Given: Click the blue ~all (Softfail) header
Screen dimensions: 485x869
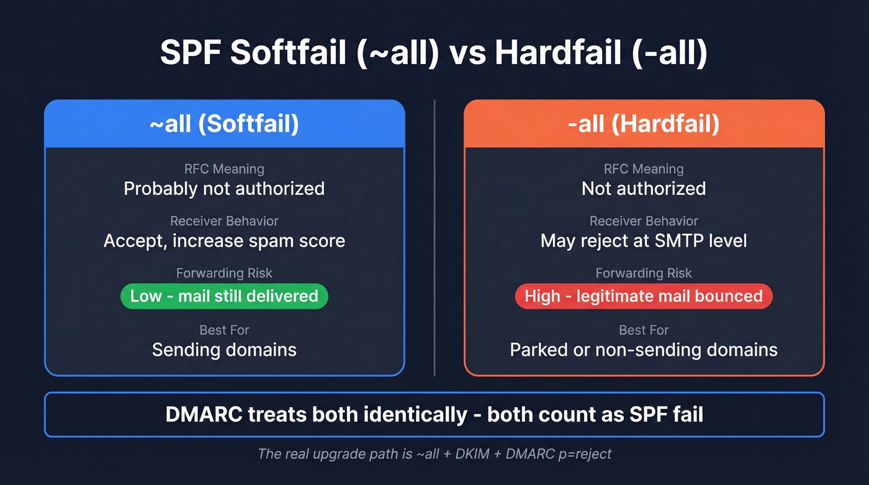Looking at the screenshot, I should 224,124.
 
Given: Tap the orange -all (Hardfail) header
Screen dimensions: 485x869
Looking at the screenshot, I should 644,124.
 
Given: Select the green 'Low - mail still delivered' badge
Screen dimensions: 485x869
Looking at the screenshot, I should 224,296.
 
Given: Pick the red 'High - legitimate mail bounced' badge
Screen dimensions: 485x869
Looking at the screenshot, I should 644,296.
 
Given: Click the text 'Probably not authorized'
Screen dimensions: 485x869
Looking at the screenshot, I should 224,189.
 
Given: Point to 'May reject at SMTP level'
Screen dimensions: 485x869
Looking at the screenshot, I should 644,240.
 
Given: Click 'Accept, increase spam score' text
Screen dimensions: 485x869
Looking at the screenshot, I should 224,240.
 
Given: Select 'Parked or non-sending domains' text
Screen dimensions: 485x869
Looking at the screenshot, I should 644,350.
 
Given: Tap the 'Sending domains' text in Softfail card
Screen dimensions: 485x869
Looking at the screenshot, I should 224,350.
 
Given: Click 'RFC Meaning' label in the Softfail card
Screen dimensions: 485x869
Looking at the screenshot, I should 224,169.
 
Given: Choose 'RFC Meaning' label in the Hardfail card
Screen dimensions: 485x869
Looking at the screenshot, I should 644,169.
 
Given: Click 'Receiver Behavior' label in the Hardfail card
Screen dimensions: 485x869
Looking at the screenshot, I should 644,221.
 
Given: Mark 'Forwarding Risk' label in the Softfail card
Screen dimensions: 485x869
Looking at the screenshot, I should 224,273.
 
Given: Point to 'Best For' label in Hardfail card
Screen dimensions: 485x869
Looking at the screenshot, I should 644,330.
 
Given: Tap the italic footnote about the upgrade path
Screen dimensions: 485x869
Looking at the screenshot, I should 434,454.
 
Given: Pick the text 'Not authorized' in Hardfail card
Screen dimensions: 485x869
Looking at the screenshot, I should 644,189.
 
